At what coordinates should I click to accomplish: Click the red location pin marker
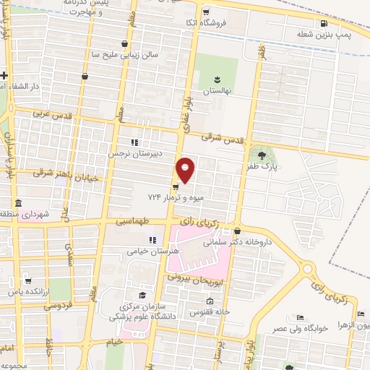tap(186, 170)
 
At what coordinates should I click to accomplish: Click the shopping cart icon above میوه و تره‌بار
tap(176, 186)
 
